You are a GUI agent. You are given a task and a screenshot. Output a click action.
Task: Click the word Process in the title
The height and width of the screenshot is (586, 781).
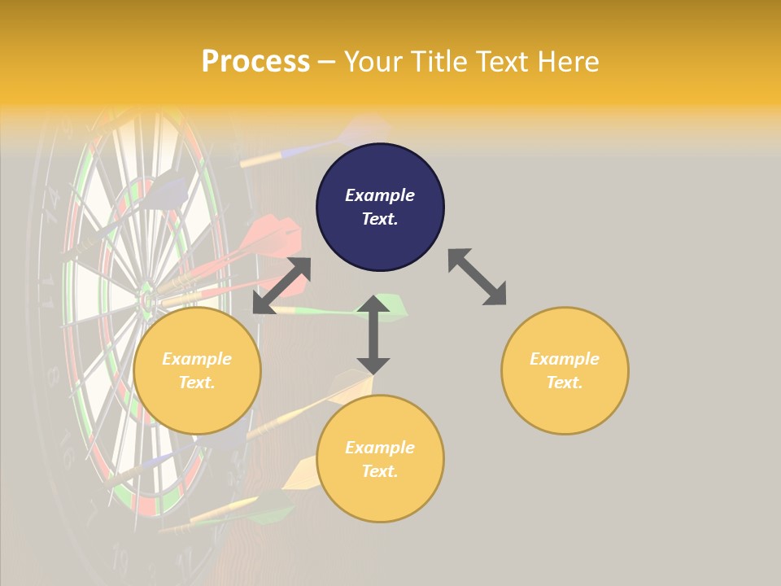255,62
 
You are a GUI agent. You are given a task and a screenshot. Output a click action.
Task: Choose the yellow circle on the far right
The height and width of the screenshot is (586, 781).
565,370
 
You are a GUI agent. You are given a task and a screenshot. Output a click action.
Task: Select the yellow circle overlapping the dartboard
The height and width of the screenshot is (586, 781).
197,370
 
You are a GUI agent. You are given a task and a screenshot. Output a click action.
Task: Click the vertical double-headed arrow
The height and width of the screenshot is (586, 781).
373,335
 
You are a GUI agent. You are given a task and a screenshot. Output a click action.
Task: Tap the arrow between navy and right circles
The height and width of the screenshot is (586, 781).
477,277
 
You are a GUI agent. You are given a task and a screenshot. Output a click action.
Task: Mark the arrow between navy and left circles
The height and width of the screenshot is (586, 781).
281,286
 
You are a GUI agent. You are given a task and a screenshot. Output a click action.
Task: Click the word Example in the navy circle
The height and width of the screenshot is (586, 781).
380,195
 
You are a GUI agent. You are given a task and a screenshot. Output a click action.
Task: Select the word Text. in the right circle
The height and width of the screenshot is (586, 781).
565,383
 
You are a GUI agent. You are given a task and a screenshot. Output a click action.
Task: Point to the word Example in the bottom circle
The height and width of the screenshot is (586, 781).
380,448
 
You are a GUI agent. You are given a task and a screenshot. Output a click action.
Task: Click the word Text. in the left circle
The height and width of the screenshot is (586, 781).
197,383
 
